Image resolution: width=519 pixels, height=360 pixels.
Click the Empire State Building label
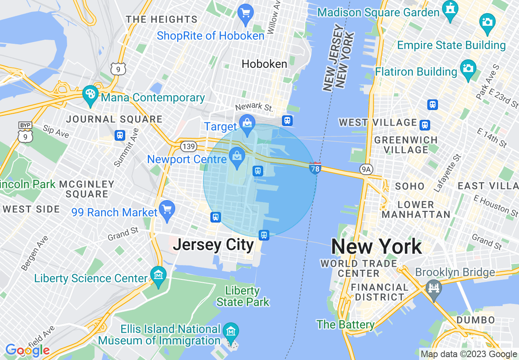451,45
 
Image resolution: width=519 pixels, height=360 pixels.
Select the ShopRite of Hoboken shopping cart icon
246,13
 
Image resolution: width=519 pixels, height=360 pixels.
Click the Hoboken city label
264,64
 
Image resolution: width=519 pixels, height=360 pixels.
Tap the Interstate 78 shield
315,168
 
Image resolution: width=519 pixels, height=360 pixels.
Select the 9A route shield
366,169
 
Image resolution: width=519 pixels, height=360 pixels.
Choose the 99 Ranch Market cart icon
167,209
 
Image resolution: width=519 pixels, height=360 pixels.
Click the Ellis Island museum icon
231,331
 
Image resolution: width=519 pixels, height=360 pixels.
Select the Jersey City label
213,245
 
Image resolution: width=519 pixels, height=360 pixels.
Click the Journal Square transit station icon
120,135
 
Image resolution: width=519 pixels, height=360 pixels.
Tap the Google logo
27,351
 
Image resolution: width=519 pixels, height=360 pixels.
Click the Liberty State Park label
243,297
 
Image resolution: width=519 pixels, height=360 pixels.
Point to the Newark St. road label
254,107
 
